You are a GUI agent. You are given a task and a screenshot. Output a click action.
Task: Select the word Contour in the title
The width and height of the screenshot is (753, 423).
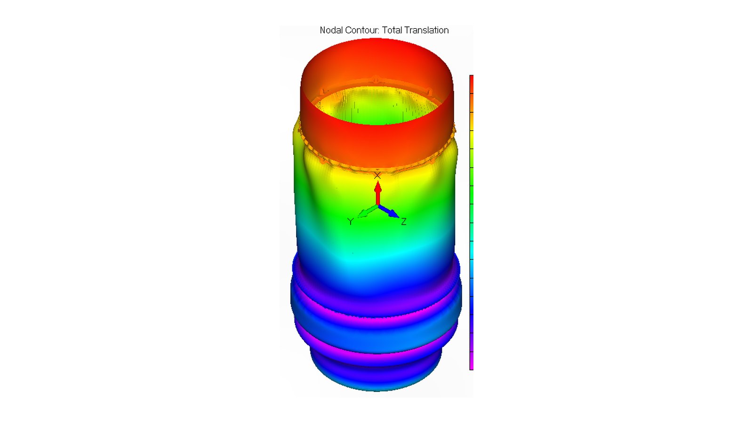362,30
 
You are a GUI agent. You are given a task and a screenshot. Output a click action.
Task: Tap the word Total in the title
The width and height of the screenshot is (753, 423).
392,30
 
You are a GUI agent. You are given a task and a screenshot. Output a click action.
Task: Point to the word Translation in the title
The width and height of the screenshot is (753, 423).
426,30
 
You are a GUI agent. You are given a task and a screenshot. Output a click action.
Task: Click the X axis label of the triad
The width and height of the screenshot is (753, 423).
377,175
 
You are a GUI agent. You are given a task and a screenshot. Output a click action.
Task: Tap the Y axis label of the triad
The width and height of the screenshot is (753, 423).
351,221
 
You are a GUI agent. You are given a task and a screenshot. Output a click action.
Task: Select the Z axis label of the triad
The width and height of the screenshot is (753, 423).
404,221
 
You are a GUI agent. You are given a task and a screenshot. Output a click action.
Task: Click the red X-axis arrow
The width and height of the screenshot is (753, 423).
378,193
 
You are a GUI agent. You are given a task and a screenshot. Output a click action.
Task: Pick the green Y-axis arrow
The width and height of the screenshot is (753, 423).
367,211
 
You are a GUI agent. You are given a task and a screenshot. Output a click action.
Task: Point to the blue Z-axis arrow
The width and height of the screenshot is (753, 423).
389,211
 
